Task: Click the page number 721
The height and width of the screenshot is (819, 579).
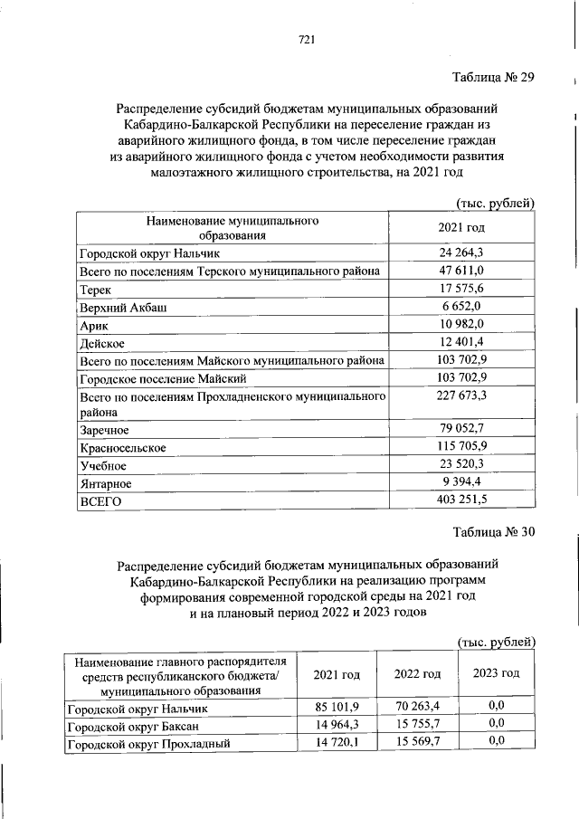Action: click(x=305, y=39)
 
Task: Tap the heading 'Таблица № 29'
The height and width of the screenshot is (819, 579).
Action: click(x=494, y=77)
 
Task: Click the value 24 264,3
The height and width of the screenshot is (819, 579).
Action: click(x=462, y=253)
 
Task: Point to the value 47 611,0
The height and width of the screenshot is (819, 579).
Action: click(x=462, y=271)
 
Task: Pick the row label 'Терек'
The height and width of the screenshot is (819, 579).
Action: click(x=95, y=290)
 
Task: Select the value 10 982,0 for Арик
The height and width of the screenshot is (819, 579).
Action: click(x=462, y=324)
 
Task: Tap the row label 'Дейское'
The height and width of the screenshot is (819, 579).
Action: click(x=101, y=343)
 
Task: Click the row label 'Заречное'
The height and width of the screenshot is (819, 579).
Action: click(x=105, y=430)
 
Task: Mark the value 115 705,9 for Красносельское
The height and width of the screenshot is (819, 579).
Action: click(x=462, y=447)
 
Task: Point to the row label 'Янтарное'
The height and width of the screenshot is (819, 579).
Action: click(x=105, y=482)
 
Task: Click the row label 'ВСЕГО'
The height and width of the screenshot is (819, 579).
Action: click(x=99, y=500)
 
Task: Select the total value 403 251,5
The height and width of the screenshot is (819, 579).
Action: click(x=462, y=500)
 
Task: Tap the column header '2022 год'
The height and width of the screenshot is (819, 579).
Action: click(x=418, y=674)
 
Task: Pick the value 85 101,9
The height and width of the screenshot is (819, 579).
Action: click(x=337, y=706)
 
